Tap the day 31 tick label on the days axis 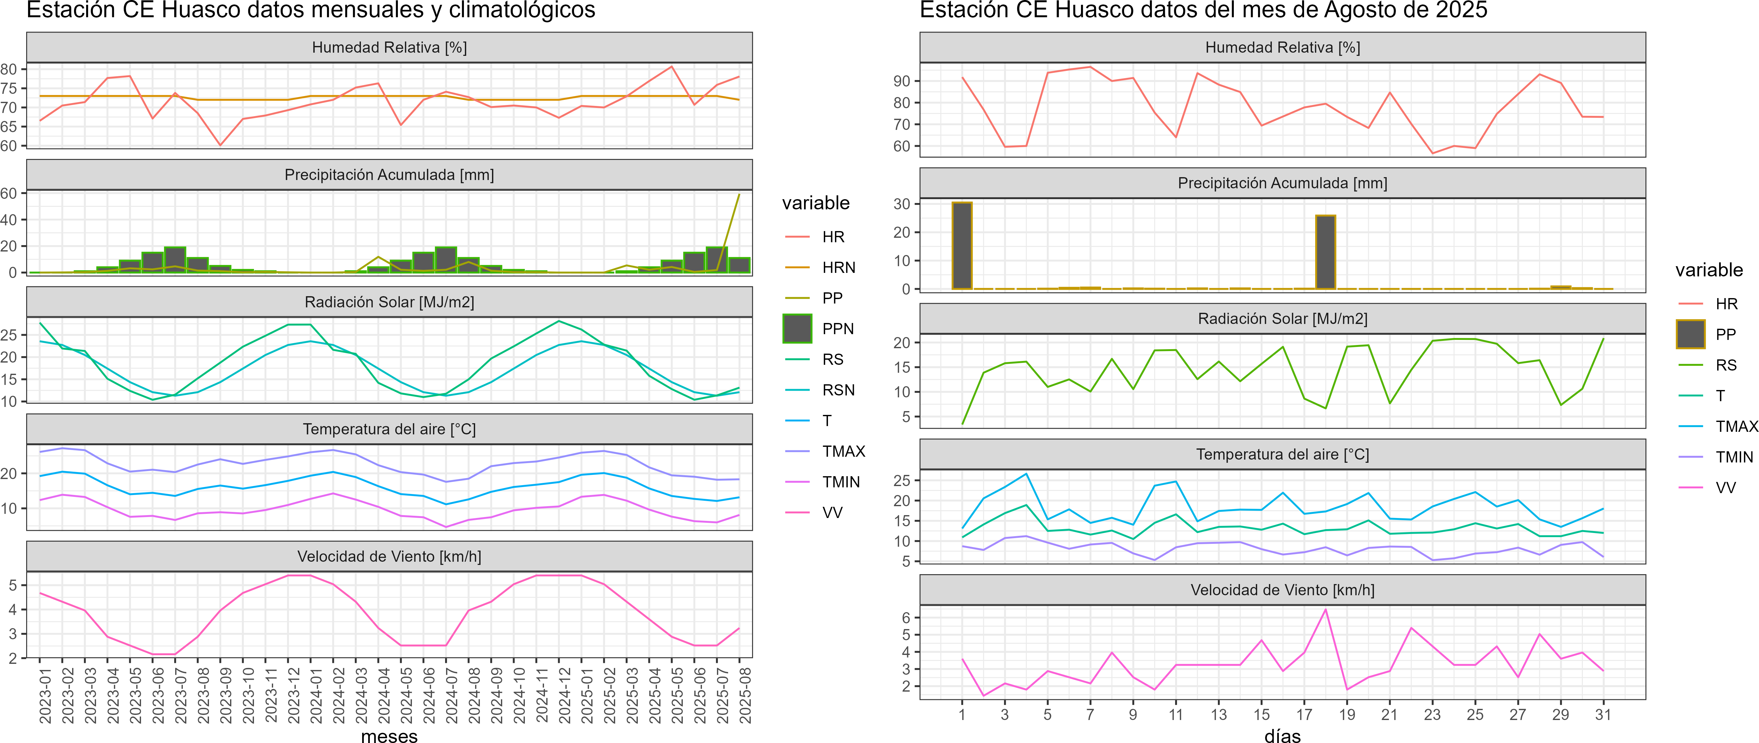click(x=1603, y=715)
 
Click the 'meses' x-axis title click(x=389, y=735)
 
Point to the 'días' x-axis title click(x=1282, y=735)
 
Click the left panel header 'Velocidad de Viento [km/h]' click(x=389, y=557)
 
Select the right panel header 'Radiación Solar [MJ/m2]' click(x=1282, y=319)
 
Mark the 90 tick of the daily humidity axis click(x=902, y=81)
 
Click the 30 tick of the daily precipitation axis click(x=902, y=204)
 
